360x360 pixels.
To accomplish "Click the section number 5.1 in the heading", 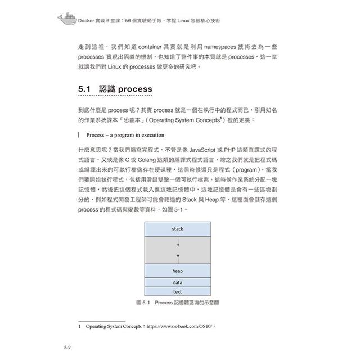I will [84, 89].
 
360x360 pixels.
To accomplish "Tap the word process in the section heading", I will [135, 89].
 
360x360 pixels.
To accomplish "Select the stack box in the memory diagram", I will [178, 229].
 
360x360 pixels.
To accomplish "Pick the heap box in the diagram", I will [178, 271].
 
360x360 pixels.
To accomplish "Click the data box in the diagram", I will [178, 283].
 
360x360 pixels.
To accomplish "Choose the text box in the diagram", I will [178, 292].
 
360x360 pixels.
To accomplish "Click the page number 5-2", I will [65, 348].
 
